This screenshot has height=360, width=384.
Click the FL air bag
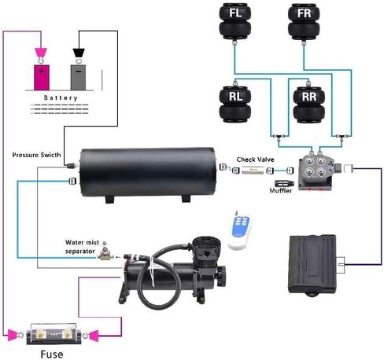(x=235, y=21)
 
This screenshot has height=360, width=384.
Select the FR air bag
(x=304, y=21)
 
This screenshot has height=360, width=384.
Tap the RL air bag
(x=235, y=105)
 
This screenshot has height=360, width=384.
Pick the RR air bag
(x=309, y=105)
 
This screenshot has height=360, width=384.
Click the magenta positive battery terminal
(x=42, y=78)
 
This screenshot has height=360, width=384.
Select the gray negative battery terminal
(x=78, y=78)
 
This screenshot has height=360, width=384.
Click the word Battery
(x=61, y=98)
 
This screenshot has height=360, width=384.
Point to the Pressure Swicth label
(x=36, y=155)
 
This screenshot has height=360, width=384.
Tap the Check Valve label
(x=255, y=160)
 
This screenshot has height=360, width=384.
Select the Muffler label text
(x=281, y=190)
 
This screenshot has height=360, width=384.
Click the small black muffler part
(x=282, y=183)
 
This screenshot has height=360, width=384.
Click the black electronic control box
(x=312, y=265)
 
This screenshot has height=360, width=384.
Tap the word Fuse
(x=52, y=354)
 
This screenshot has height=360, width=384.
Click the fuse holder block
(x=54, y=334)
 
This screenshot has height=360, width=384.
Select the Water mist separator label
(x=82, y=247)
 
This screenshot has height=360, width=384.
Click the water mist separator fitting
(x=105, y=252)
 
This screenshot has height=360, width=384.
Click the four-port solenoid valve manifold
(x=316, y=172)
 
